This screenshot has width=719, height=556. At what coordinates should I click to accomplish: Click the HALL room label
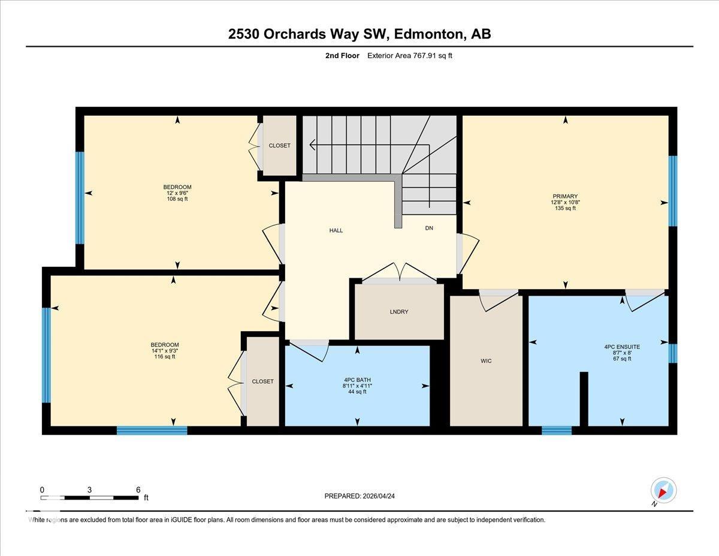click(336, 230)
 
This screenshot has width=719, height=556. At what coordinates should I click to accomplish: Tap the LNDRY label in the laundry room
click(398, 312)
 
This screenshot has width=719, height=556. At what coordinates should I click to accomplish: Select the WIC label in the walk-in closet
click(486, 360)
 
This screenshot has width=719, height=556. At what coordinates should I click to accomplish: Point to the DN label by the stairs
click(429, 229)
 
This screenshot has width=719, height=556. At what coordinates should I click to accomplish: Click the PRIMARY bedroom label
click(565, 196)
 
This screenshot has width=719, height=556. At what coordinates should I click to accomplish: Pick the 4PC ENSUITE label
click(622, 347)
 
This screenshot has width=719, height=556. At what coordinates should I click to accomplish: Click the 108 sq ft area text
click(177, 199)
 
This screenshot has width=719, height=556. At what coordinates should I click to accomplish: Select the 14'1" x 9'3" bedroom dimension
click(165, 351)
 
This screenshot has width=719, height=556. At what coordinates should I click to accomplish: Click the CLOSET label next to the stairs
click(279, 146)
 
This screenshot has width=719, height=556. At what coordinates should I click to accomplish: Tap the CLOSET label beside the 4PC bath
click(262, 381)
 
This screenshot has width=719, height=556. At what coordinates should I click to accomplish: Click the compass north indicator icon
click(663, 490)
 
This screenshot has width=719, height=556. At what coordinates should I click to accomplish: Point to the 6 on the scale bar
click(138, 489)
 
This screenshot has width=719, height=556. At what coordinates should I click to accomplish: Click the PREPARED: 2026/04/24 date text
click(360, 496)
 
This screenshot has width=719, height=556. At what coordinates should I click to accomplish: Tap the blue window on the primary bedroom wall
click(672, 191)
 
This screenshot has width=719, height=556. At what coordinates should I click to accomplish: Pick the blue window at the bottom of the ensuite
click(557, 429)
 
